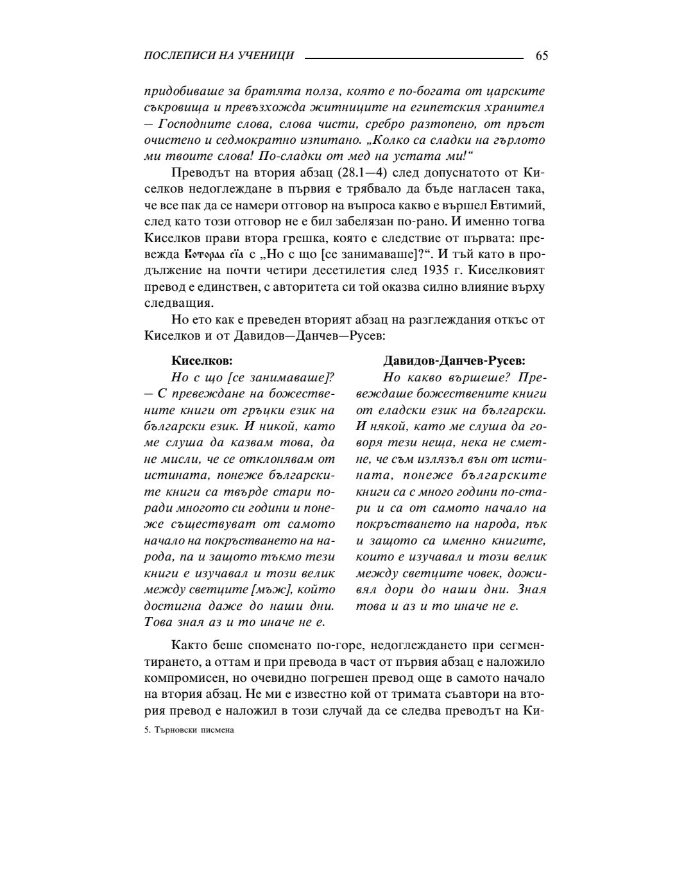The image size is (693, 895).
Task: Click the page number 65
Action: tap(541, 56)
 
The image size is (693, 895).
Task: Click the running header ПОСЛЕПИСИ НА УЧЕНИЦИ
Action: tap(219, 56)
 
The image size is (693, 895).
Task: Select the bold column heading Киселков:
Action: tap(202, 361)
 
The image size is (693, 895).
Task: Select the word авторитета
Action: tap(308, 288)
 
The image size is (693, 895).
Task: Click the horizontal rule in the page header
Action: tap(414, 58)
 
